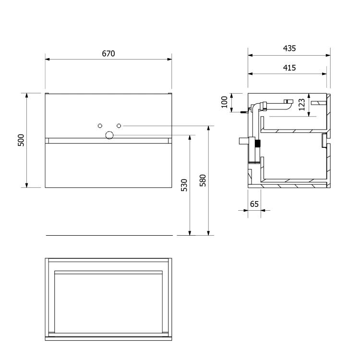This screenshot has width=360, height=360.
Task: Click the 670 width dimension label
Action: coord(108,53)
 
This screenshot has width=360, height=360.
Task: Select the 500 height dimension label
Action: coord(21,140)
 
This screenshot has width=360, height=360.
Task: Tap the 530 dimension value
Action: coord(184,185)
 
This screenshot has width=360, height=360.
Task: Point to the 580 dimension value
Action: coord(203,180)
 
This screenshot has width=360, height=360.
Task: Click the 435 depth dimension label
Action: coord(289,48)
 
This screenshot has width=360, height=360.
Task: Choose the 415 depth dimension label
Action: coord(289,68)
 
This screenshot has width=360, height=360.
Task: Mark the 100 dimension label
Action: coord(224,102)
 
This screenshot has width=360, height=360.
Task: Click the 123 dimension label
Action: coord(302,105)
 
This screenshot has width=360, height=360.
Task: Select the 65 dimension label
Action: coord(254,204)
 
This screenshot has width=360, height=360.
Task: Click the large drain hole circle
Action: coord(109,135)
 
